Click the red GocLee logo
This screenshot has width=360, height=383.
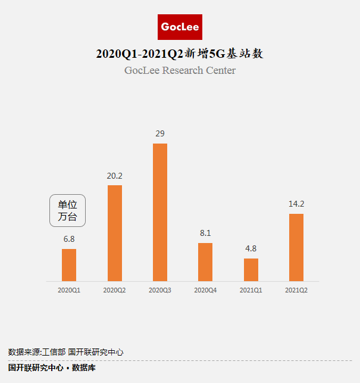point(180,27)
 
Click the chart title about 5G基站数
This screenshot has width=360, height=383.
point(180,54)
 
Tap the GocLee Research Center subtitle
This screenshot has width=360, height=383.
point(180,70)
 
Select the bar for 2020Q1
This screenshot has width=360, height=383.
point(69,265)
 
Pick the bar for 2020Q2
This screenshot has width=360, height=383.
point(115,233)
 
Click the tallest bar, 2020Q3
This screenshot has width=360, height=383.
point(160,212)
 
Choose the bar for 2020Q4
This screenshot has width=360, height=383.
point(205,262)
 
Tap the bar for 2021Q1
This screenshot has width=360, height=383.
point(251,270)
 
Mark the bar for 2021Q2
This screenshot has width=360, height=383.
point(296,247)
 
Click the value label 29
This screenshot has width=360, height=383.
point(160,133)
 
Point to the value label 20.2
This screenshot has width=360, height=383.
point(114,176)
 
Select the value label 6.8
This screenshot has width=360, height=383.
point(69,239)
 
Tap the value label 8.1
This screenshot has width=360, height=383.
point(205,233)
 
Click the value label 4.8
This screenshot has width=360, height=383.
point(251,248)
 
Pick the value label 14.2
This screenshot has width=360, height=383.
point(296,204)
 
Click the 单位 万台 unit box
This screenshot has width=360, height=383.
point(67,210)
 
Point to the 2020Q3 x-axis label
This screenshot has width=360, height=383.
point(160,290)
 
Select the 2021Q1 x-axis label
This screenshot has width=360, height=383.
point(251,290)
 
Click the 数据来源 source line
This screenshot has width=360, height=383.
point(65,352)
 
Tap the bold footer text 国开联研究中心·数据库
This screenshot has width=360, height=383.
point(52,368)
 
